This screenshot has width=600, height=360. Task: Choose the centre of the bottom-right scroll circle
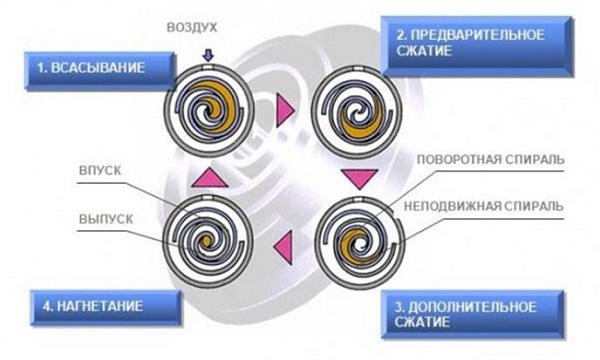point(356,240)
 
